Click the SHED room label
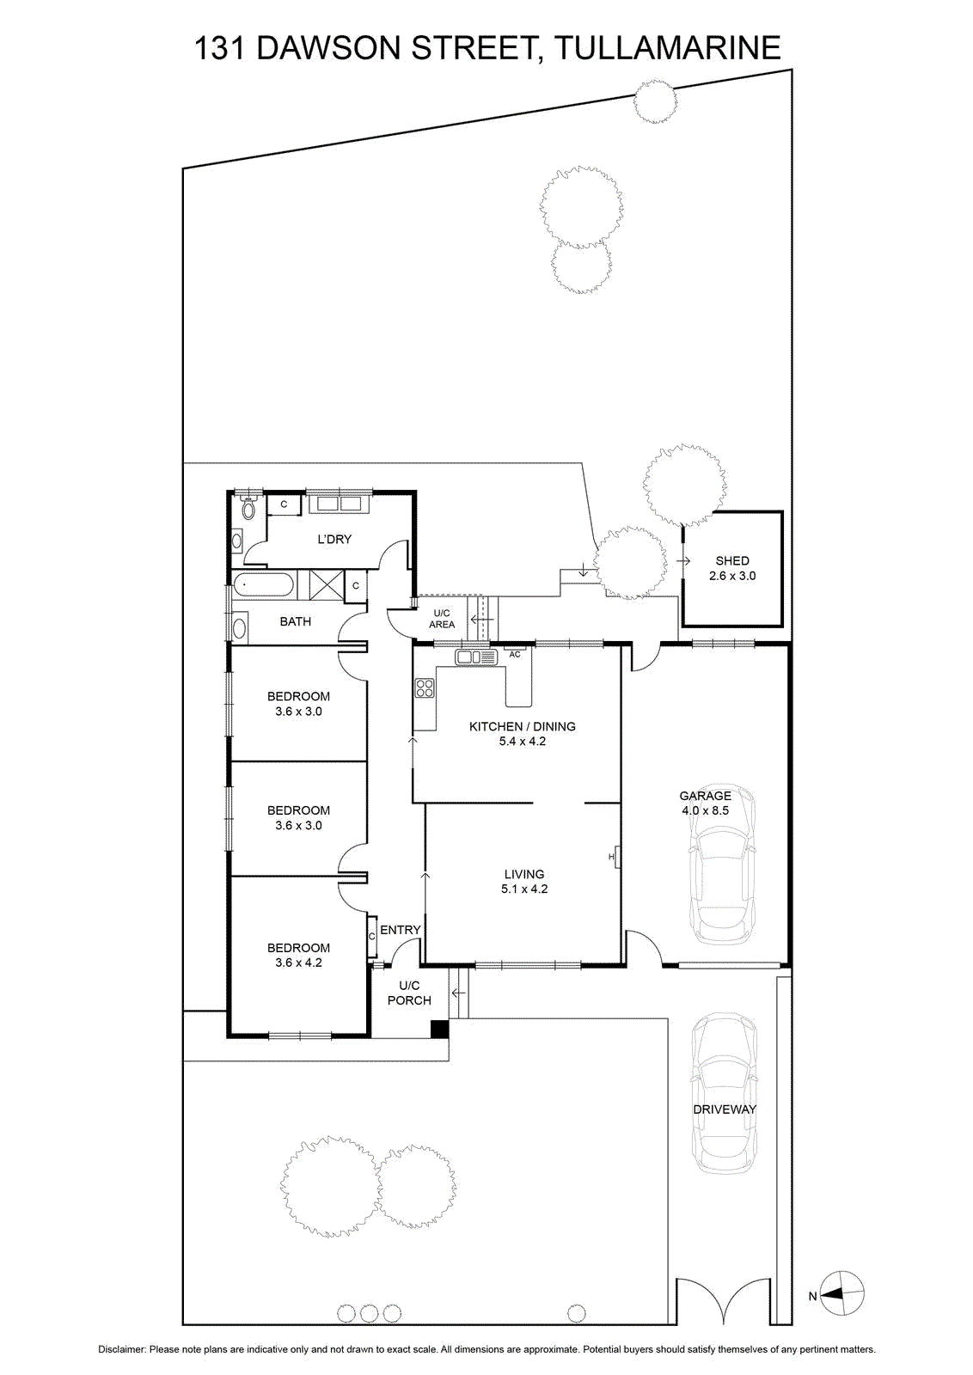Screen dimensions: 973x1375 (x=731, y=560)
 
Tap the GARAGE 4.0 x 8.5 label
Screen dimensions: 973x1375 (x=705, y=803)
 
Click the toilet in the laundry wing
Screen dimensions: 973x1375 (x=248, y=506)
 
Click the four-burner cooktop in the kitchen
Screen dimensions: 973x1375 (x=425, y=687)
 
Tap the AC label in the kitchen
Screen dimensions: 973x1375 (x=514, y=654)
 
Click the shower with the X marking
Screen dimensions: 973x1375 (x=327, y=584)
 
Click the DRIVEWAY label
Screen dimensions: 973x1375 (x=725, y=1109)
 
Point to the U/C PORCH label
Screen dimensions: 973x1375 (x=409, y=993)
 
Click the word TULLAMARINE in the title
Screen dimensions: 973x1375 (x=667, y=48)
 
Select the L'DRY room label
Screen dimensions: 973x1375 (x=334, y=539)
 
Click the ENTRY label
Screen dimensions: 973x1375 (x=401, y=930)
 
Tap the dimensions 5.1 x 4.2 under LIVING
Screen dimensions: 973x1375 (x=524, y=889)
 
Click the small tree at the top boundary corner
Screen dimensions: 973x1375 (x=656, y=102)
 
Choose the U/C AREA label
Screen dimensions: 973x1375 (x=442, y=619)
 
